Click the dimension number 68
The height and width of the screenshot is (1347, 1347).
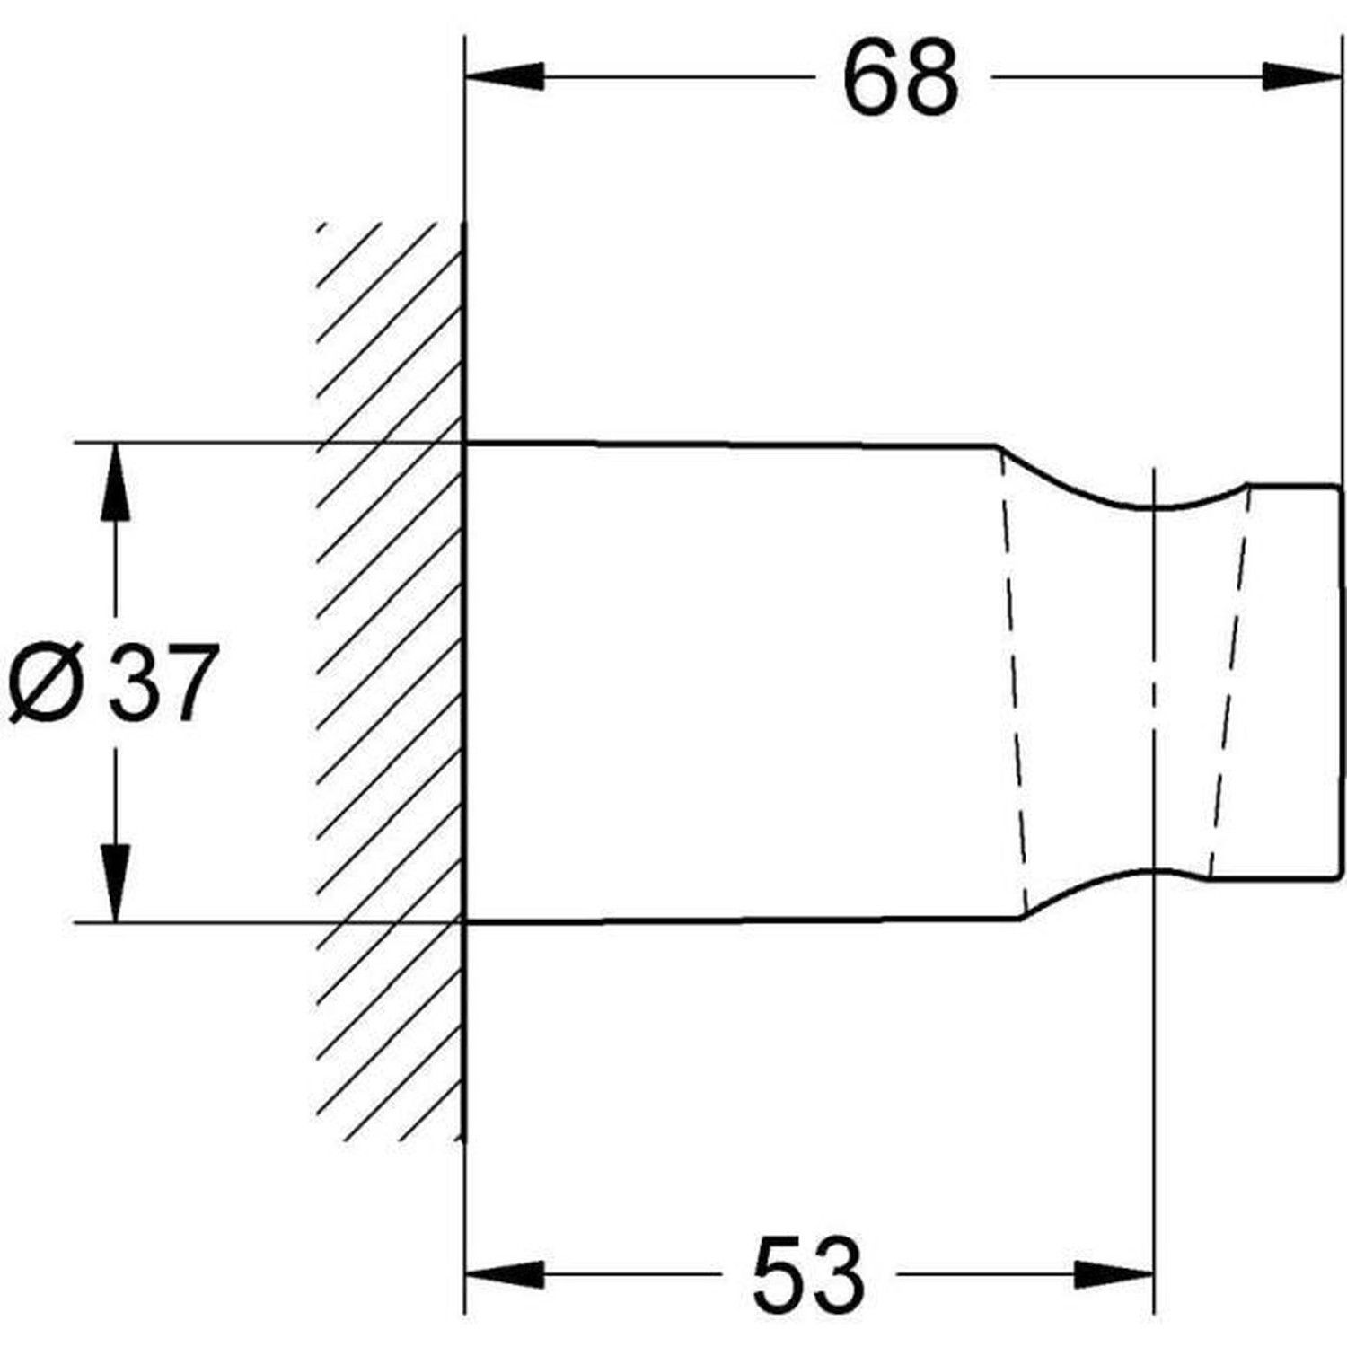click(x=901, y=79)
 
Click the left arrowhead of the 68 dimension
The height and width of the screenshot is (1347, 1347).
click(x=506, y=76)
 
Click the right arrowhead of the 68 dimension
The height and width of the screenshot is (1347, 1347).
click(x=1303, y=76)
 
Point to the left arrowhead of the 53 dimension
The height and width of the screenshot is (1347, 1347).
click(x=506, y=1274)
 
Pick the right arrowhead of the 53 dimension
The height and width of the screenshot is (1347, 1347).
click(x=1113, y=1274)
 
